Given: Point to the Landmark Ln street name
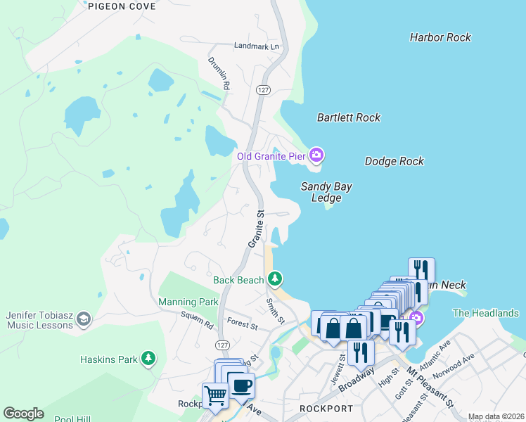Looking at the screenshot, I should [x=257, y=46].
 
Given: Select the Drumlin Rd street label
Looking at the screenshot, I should [x=218, y=73].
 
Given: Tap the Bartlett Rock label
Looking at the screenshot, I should [x=349, y=117].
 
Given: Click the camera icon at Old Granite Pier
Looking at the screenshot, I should [x=316, y=155].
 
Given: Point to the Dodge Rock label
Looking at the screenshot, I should [x=394, y=161].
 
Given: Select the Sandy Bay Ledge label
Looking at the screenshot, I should [x=326, y=192].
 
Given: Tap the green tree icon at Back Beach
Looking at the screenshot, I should [x=275, y=280].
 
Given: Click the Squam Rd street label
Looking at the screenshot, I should [x=196, y=322].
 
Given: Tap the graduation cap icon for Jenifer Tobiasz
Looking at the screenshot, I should [x=84, y=319].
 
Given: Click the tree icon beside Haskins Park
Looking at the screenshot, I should [x=148, y=359].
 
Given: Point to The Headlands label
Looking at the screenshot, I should [x=486, y=313].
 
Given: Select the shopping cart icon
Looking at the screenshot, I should [x=215, y=395].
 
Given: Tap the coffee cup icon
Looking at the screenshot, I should [x=241, y=385].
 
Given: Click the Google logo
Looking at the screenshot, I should [x=23, y=414].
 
